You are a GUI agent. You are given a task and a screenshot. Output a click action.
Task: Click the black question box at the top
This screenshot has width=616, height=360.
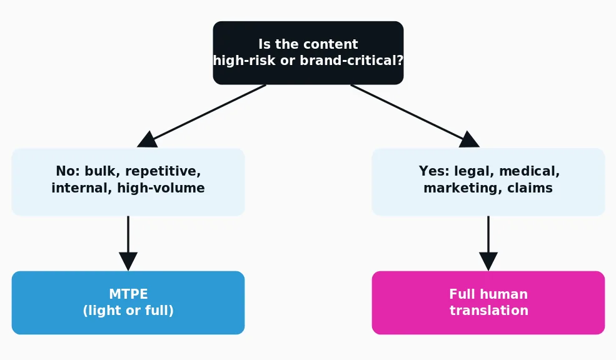[x=308, y=52]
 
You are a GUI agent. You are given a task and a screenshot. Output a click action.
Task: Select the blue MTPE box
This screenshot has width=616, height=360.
[x=128, y=302]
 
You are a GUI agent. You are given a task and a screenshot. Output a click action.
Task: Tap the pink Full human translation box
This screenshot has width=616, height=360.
[x=488, y=302]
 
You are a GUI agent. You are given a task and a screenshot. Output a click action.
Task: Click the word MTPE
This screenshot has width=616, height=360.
[x=128, y=294]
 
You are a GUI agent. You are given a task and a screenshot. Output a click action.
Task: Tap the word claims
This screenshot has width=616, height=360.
[x=530, y=188]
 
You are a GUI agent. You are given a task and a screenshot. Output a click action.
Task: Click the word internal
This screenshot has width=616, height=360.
[x=82, y=188]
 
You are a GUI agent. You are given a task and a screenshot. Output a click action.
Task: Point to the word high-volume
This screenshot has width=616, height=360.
[x=161, y=188]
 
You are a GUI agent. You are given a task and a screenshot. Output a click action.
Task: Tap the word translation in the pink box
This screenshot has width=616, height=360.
[x=488, y=311]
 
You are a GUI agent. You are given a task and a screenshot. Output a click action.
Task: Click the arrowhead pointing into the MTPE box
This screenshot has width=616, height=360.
[x=128, y=261]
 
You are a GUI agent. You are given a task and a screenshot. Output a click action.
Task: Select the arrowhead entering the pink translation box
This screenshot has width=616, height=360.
[x=488, y=261]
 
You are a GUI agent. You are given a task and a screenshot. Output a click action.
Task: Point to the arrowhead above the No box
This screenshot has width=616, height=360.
[x=148, y=140]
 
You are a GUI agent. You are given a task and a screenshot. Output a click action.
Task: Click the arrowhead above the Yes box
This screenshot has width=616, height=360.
[x=468, y=140]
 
